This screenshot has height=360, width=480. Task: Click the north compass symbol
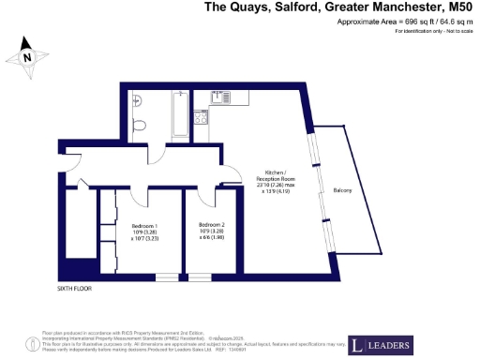[x=29, y=57]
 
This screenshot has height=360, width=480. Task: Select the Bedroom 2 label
[x=212, y=225]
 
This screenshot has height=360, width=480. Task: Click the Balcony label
[x=343, y=190]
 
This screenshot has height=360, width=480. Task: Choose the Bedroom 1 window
[x=167, y=276]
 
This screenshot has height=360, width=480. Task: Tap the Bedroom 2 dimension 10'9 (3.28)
[x=212, y=232]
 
